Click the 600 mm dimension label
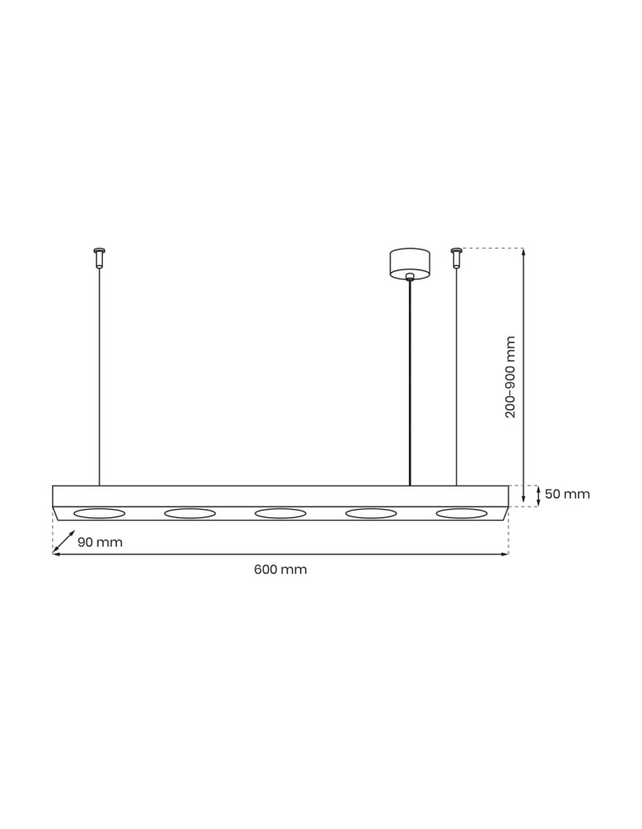(280, 570)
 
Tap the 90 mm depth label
(100, 542)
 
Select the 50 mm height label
(567, 494)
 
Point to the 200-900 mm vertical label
(511, 376)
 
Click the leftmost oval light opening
(100, 514)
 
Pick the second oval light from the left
(190, 514)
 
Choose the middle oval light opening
(281, 514)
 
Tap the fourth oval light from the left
(372, 514)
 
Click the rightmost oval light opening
(462, 514)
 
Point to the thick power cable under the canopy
(410, 381)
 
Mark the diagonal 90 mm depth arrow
(63, 542)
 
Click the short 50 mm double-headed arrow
(540, 496)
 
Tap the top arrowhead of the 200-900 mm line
(523, 251)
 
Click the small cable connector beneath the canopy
(410, 277)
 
